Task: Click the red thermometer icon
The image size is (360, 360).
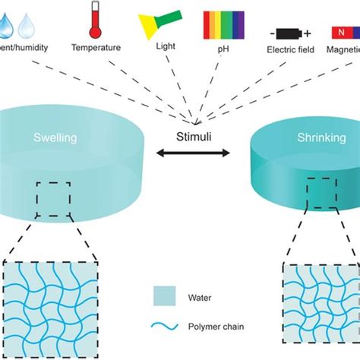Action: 95,19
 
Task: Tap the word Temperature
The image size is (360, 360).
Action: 96,47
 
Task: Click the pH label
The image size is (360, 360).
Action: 224,47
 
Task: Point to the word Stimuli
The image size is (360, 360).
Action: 195,139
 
